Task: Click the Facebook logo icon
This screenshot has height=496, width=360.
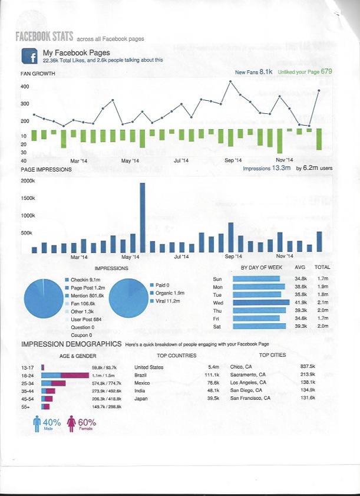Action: (x=30, y=56)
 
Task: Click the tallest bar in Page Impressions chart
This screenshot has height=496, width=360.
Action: (x=142, y=218)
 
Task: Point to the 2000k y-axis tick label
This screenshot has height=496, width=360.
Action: (x=28, y=180)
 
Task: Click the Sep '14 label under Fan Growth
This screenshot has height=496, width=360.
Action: (x=233, y=160)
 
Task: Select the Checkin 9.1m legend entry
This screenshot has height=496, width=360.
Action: (x=85, y=280)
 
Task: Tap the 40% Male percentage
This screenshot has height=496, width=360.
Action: (x=51, y=422)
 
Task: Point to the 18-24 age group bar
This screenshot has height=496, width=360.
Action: (x=65, y=375)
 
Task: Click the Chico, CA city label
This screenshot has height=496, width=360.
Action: (x=242, y=366)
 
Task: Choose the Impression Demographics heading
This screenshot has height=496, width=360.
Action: (x=71, y=344)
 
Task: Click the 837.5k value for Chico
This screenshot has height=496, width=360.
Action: (x=308, y=366)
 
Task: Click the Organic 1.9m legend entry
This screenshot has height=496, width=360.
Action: (x=171, y=293)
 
